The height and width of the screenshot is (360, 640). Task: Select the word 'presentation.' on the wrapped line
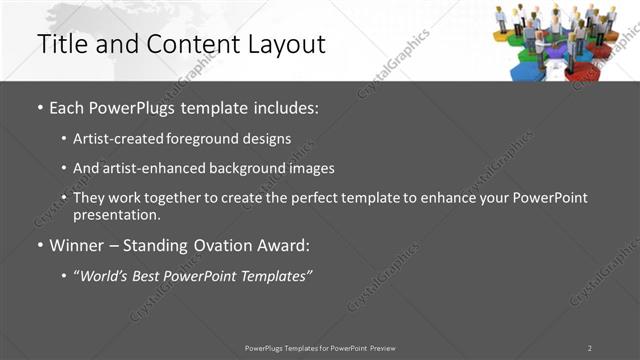pos(116,214)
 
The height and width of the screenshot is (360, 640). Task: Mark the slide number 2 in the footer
pos(589,348)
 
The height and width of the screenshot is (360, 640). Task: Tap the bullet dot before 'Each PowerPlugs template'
pos(40,107)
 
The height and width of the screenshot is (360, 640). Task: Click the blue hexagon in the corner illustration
pos(527,72)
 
